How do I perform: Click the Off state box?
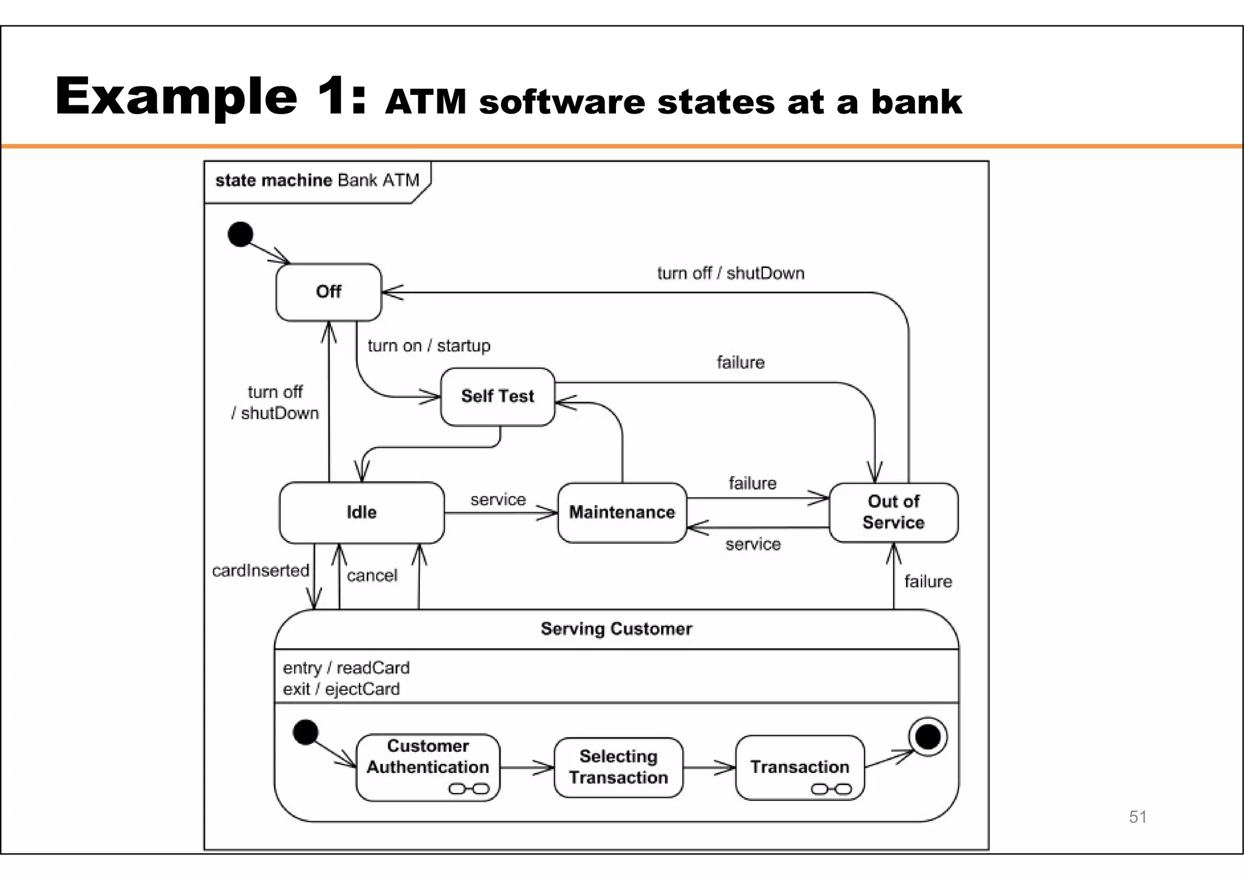coord(329,292)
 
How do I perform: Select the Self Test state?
coord(497,396)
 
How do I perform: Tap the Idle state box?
coord(361,512)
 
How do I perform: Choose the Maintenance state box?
coord(622,512)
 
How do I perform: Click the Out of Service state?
coord(893,512)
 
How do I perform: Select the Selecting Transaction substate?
coord(618,767)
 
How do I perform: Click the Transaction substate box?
coord(799,767)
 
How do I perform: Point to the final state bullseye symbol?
coord(928,737)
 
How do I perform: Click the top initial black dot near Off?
coord(241,234)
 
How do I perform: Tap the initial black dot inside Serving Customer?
coord(306,732)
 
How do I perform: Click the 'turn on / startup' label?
coord(429,346)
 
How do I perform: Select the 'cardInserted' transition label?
coord(261,571)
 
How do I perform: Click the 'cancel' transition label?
coord(372,576)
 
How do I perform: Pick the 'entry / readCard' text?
coord(346,668)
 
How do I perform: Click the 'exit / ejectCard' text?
coord(341,689)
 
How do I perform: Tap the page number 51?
coord(1138,817)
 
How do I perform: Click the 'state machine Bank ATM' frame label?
coord(317,180)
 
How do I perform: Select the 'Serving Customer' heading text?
coord(616,629)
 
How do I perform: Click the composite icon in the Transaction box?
coord(831,789)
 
